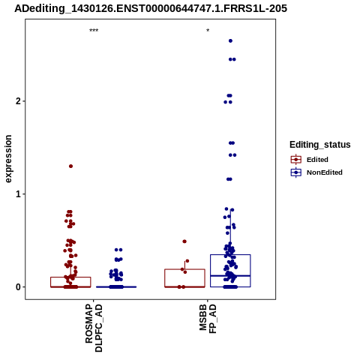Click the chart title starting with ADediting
[151, 8]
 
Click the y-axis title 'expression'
[8, 159]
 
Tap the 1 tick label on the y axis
[19, 194]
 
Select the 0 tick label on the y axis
[19, 287]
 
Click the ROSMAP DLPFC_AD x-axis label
[94, 328]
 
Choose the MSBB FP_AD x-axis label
[208, 319]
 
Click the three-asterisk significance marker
[94, 31]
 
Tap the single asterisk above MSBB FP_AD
[208, 31]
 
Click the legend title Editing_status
[320, 145]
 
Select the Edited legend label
[317, 160]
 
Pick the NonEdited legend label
[325, 172]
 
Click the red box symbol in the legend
[296, 160]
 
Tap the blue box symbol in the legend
[296, 172]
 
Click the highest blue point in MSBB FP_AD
[230, 40]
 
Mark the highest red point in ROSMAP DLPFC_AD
[70, 166]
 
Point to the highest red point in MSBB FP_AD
[184, 241]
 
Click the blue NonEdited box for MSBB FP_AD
[230, 255]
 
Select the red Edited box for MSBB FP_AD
[184, 269]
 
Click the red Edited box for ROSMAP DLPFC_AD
[70, 277]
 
